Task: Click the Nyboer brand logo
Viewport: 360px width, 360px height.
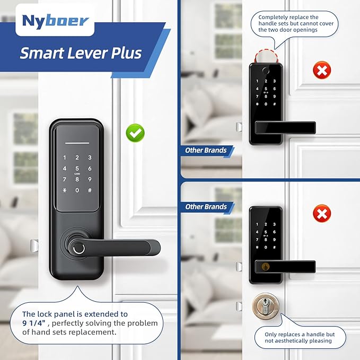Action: pos(55,21)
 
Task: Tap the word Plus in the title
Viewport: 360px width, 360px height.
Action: pos(127,53)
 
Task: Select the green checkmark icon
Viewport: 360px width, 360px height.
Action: pos(135,133)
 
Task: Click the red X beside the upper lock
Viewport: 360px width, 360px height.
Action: pos(322,70)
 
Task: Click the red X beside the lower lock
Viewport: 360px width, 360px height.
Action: pos(322,214)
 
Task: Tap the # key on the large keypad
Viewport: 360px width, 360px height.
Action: pos(90,190)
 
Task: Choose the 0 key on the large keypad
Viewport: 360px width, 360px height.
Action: pos(77,190)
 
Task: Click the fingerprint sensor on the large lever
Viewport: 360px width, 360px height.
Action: pos(79,249)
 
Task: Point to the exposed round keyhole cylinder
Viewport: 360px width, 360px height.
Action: pos(266,306)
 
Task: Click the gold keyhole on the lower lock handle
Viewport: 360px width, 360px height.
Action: pos(266,267)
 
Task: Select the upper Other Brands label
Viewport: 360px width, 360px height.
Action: pos(206,151)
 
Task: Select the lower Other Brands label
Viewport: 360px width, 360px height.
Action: pos(206,207)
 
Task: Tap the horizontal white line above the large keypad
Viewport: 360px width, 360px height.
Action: pos(77,143)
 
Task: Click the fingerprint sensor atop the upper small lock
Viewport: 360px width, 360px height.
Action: pos(266,71)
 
